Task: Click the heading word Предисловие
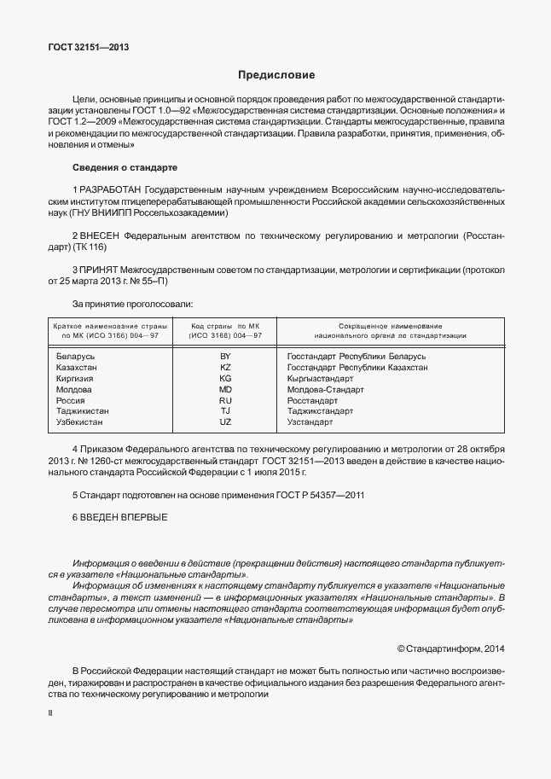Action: point(276,75)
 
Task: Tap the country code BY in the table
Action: point(225,356)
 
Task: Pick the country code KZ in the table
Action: point(225,367)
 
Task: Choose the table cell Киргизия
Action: point(74,378)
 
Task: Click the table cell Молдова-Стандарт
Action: point(326,389)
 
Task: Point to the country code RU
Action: point(225,400)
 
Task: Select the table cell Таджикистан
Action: point(82,411)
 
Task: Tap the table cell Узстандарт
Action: point(310,422)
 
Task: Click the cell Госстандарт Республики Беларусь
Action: point(357,356)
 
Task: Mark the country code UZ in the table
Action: point(225,422)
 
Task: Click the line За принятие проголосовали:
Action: point(132,303)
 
